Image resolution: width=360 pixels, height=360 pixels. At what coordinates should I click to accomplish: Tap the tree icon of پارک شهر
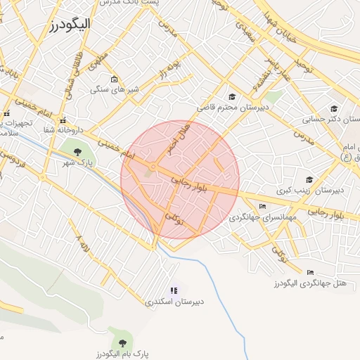pyautogui.click(x=77, y=151)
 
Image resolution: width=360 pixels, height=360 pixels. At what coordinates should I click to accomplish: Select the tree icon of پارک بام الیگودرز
pyautogui.click(x=123, y=343)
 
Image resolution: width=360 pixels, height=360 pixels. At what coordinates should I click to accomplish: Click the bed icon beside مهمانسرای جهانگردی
pyautogui.click(x=262, y=207)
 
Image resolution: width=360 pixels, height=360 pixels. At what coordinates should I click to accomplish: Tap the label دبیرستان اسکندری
pyautogui.click(x=175, y=302)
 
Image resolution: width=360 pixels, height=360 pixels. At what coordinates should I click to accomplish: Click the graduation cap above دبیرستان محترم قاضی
pyautogui.click(x=231, y=96)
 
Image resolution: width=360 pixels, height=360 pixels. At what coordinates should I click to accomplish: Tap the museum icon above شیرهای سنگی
pyautogui.click(x=114, y=78)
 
